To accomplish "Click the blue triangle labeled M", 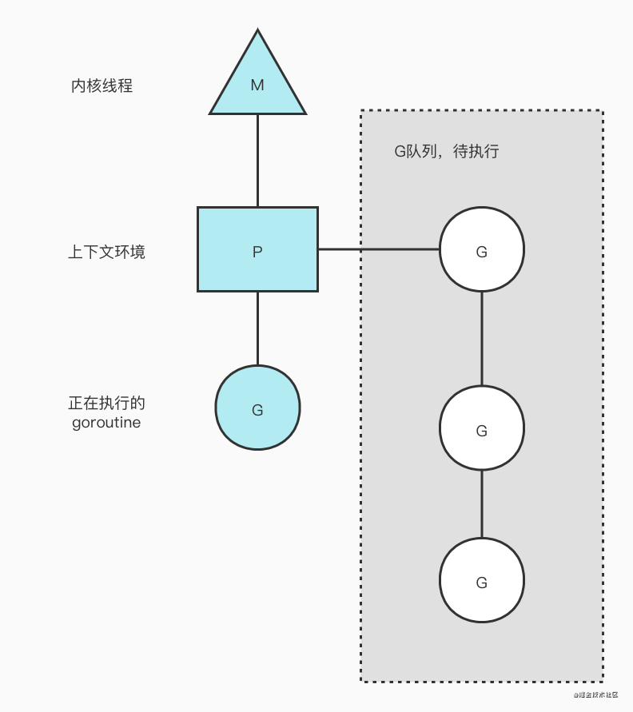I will point(257,88).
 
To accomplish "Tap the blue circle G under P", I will point(257,408).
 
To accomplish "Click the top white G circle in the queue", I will point(481,249).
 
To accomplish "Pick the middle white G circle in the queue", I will point(481,428).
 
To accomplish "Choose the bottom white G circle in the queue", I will point(481,580).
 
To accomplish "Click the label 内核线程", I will point(102,86).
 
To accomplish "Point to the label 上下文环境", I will point(106,253).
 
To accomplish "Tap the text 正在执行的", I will point(106,403).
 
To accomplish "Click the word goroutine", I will point(106,423).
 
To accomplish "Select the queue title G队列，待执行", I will point(447,151).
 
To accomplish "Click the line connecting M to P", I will point(257,160).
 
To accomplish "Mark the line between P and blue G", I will point(257,328).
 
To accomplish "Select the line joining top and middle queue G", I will point(481,338).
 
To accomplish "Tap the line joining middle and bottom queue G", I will point(481,503).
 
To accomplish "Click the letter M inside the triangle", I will point(257,85).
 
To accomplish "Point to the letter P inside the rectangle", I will point(257,252).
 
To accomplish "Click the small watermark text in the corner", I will point(595,695).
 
